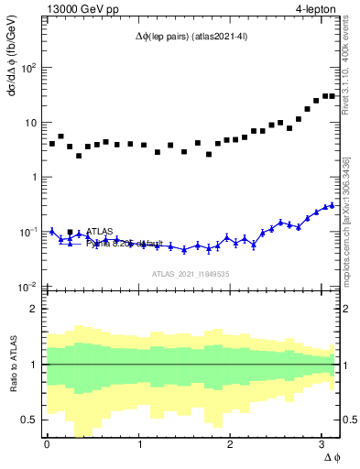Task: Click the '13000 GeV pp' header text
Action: coord(82,8)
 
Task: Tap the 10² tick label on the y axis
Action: coord(28,68)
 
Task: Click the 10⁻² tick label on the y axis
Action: coord(28,287)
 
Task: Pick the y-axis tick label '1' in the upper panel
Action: coord(34,177)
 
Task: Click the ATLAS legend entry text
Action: coord(102,232)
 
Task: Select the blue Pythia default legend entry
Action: coord(124,244)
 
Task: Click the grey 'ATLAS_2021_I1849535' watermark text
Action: coord(190,273)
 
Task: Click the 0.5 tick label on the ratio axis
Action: coord(29,420)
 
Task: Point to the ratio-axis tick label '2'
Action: coord(34,309)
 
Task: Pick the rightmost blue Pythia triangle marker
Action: coord(332,205)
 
